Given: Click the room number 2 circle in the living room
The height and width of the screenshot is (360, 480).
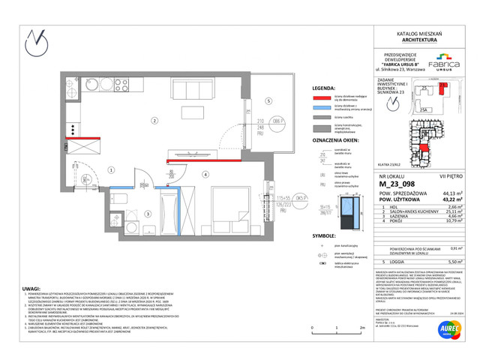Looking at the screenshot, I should pos(154,120).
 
